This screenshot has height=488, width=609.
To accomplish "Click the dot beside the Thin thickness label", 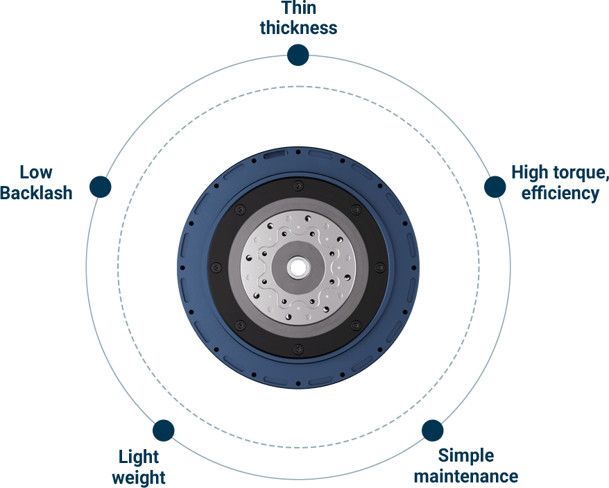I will (298, 55).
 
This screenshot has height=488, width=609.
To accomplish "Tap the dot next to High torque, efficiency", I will (495, 186).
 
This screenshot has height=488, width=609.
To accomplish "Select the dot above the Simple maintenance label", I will (432, 430).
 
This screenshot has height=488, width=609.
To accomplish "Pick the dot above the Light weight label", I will (163, 430).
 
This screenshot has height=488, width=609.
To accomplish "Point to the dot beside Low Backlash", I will (101, 186).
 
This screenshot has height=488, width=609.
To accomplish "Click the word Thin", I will (298, 9).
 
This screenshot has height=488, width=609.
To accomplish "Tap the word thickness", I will (298, 28).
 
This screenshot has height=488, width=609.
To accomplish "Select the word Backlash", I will (37, 192).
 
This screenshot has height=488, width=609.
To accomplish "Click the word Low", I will (36, 172).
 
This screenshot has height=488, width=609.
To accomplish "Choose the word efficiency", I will (560, 192).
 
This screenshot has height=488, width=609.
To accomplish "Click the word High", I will (529, 172).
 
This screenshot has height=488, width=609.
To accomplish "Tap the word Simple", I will (466, 456).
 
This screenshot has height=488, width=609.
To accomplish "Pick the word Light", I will (139, 457).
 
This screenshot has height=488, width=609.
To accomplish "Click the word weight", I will (139, 478).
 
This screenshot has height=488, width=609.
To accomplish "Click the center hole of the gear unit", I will (298, 267).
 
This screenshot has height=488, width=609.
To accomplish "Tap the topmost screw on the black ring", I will (298, 185).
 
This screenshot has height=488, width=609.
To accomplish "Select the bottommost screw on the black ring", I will (298, 348).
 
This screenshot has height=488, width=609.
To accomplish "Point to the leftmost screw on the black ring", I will (216, 267).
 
